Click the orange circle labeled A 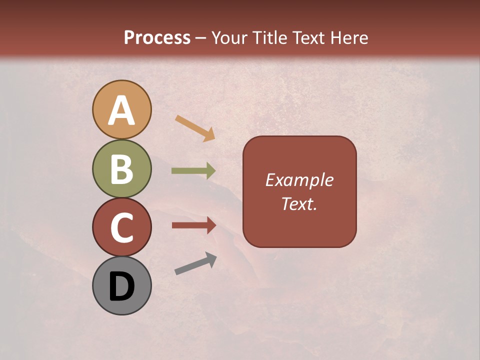coord(121,109)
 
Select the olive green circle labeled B coord(121,168)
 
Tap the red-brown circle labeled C coord(121,227)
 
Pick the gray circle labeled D coord(121,286)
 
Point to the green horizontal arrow coord(193,171)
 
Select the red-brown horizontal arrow coord(193,225)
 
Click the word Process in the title coord(157,37)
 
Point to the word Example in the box coord(299,180)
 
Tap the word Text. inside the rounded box coord(299,204)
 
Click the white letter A coord(121,110)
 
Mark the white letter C coord(121,228)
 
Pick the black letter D coord(121,287)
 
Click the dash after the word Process coord(200,38)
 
